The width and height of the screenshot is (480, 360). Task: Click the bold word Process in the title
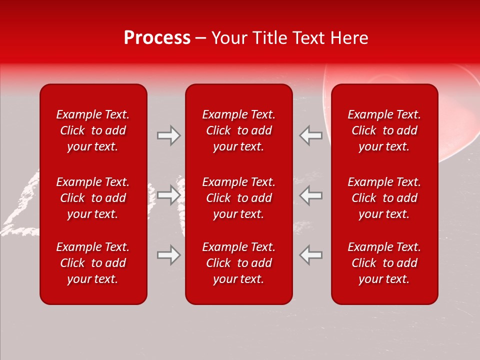click(157, 38)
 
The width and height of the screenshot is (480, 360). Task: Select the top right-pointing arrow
click(168, 135)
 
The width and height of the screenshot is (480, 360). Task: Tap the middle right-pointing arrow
click(168, 195)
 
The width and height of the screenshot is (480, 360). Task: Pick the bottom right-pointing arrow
click(168, 255)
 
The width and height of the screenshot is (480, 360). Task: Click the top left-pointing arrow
click(310, 135)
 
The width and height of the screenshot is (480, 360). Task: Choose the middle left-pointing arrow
click(310, 195)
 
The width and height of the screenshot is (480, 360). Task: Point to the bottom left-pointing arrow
click(310, 255)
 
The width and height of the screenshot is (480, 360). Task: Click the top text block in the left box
click(93, 130)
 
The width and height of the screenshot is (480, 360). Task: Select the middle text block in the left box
click(93, 198)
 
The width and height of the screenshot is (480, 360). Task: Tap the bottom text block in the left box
click(93, 263)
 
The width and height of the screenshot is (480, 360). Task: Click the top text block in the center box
click(239, 130)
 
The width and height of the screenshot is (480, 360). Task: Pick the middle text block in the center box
click(239, 198)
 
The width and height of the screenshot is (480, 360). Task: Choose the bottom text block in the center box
click(239, 263)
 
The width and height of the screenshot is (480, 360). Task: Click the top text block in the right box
click(384, 130)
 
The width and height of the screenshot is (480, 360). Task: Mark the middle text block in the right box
click(384, 198)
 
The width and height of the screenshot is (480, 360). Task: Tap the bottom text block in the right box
click(384, 263)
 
